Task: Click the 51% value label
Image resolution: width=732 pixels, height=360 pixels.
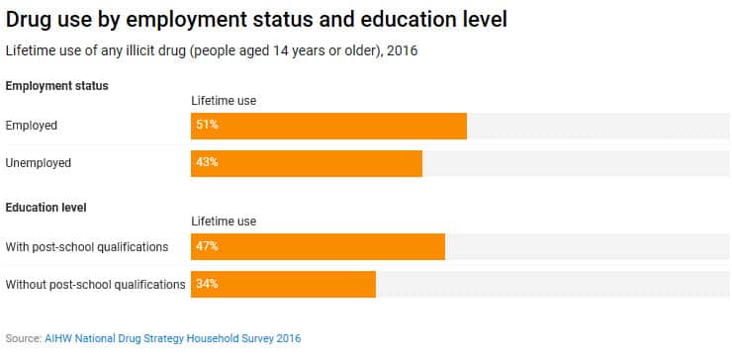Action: pos(207,126)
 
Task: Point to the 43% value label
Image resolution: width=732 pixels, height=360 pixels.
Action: pos(207,163)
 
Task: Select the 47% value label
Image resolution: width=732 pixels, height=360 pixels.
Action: pos(207,246)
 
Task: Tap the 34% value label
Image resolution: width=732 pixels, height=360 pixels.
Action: pos(207,284)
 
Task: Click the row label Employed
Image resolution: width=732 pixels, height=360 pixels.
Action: pos(32,126)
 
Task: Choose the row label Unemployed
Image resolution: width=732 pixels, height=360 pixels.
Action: pos(39,163)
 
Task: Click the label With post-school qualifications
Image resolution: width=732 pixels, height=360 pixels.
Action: pos(87,246)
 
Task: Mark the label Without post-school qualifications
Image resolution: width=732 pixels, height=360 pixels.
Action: pos(95,284)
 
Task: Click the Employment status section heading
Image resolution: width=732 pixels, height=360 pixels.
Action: pos(56,86)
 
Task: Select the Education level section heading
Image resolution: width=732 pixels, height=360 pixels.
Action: pos(46,207)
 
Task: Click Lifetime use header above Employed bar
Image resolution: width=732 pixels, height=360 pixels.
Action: pos(224,101)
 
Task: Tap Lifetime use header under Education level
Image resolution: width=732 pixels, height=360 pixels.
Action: pos(224,222)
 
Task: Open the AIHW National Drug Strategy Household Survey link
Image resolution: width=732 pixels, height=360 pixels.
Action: pos(172,338)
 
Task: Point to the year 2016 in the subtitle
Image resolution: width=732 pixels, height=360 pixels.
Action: pos(403,50)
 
